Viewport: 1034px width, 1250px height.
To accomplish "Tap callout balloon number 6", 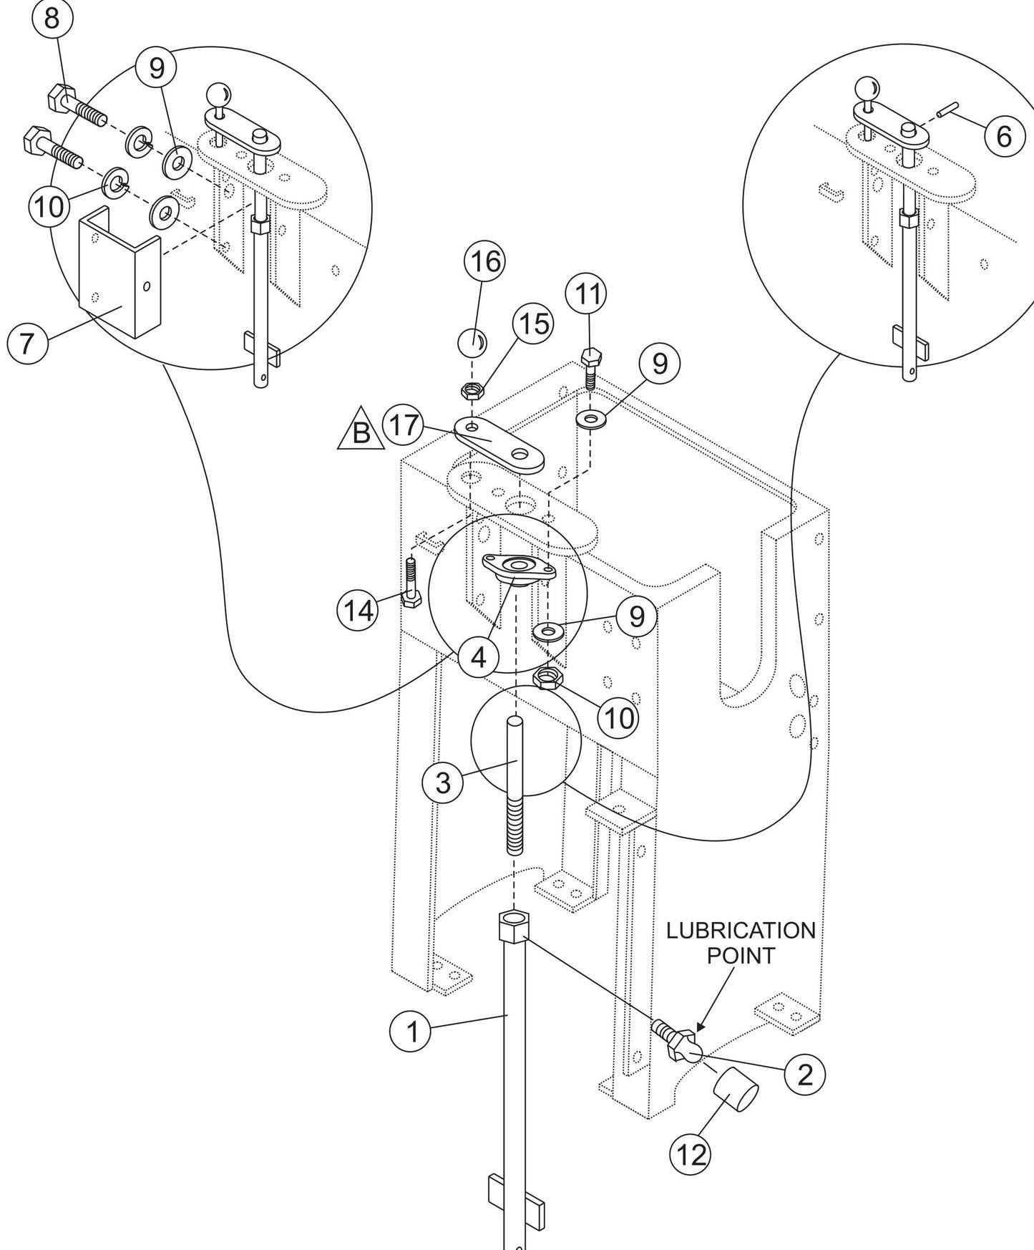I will point(1004,135).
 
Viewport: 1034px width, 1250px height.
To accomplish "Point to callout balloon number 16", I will point(484,263).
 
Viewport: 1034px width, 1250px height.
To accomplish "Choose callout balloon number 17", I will point(404,426).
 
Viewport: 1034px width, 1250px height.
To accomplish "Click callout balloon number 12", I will point(690,1153).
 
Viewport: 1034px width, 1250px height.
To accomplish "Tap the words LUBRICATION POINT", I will point(741,942).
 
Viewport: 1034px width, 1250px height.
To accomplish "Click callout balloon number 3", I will point(443,782).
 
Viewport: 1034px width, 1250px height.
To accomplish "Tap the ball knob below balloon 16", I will point(471,342).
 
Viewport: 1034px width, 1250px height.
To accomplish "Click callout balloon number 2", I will point(804,1074).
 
